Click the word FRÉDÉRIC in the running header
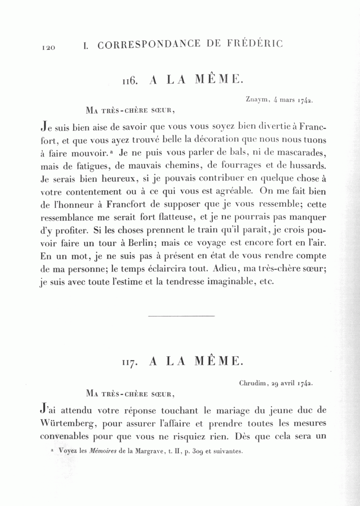click(255, 43)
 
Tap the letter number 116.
click(130, 81)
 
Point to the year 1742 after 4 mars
click(305, 100)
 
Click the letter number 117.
click(130, 363)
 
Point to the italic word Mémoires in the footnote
click(103, 451)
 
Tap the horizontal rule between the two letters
click(181, 316)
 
